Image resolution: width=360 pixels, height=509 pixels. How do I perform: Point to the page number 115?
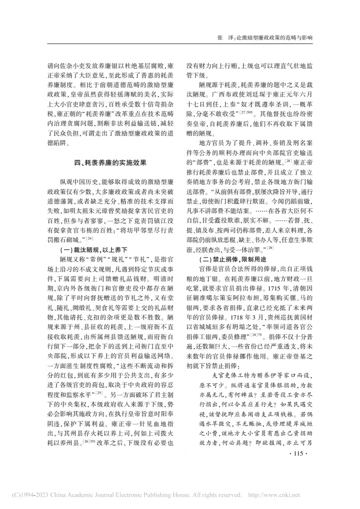coord(296,439)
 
